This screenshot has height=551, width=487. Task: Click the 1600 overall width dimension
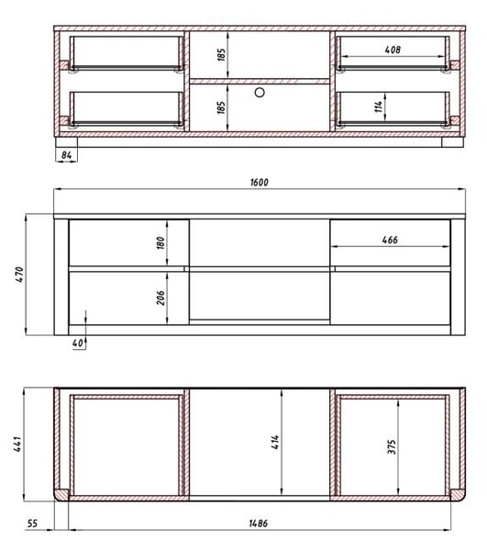(x=260, y=183)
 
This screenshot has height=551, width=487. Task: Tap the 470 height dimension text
(x=19, y=275)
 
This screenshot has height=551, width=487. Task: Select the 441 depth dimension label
(x=18, y=444)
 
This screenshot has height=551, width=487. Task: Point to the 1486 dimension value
(x=259, y=523)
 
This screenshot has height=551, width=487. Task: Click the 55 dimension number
(x=32, y=523)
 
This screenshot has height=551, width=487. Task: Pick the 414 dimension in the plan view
(x=275, y=442)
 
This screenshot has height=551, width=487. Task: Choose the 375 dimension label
(x=392, y=446)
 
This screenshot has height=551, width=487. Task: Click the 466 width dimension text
(x=390, y=240)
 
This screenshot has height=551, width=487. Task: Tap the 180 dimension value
(x=160, y=242)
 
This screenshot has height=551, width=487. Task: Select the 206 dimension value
(x=160, y=298)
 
